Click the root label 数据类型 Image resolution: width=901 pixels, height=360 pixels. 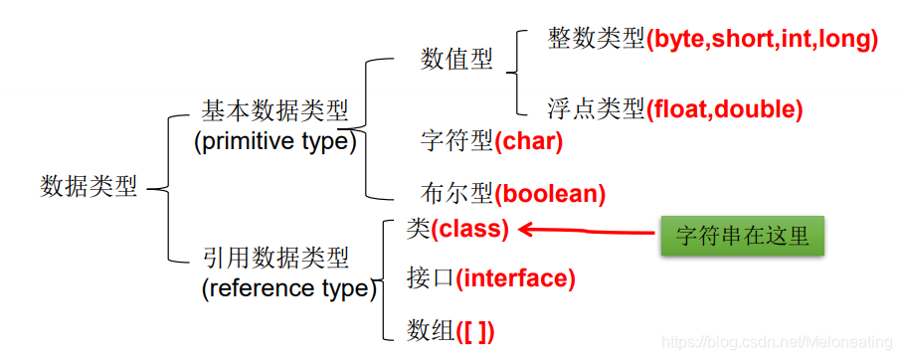(x=89, y=187)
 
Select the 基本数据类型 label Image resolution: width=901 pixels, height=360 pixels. (x=275, y=109)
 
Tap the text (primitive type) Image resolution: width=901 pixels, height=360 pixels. (x=274, y=141)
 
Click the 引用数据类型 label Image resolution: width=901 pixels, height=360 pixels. (x=275, y=259)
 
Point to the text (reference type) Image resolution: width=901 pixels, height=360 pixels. (x=289, y=289)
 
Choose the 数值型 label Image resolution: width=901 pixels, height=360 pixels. (x=457, y=60)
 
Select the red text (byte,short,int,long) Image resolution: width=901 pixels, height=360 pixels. (x=763, y=40)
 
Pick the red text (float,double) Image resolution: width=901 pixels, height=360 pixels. (x=724, y=109)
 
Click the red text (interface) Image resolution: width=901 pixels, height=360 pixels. (x=515, y=278)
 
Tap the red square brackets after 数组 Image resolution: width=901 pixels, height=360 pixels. (x=475, y=329)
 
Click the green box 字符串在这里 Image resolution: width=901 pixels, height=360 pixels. (x=743, y=236)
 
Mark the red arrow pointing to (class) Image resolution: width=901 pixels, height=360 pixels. (x=587, y=232)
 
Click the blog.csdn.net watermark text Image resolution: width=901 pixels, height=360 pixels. (x=779, y=342)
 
